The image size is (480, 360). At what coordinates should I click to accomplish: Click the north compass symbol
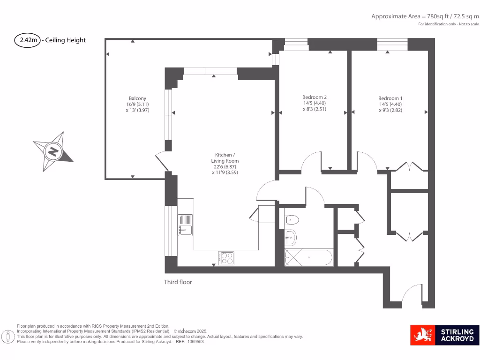click(x=53, y=151)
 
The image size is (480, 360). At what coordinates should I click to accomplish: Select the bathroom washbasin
click(x=291, y=237)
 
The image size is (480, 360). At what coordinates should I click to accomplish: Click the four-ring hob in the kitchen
click(x=226, y=257)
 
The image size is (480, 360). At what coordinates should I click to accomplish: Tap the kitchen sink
click(x=185, y=225)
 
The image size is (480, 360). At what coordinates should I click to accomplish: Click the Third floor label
click(x=178, y=282)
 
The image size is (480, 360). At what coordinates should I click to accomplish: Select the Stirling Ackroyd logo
click(x=444, y=335)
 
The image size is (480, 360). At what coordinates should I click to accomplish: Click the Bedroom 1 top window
click(x=392, y=45)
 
